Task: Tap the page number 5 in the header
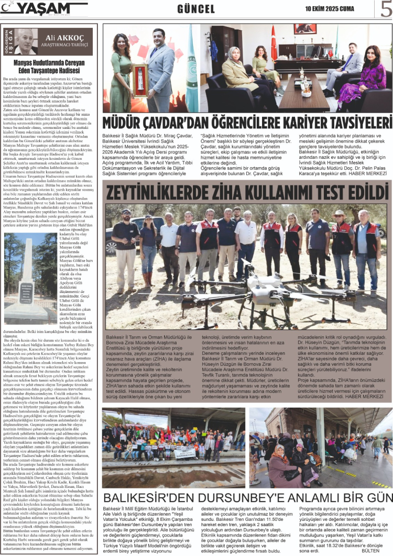pyautogui.click(x=386, y=9)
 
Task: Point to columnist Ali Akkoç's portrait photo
pyautogui.click(x=26, y=42)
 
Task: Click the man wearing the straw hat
pyautogui.click(x=341, y=241)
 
